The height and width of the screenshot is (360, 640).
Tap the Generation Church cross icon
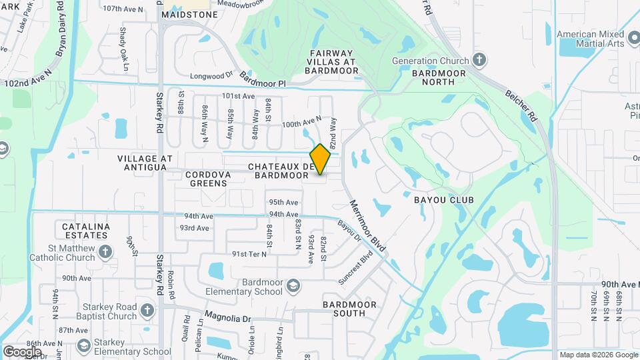point(478,60)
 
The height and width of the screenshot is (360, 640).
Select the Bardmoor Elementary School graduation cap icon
point(292,287)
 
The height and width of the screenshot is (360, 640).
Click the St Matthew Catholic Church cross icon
point(105,252)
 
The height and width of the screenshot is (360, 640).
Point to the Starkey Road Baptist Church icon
point(147,311)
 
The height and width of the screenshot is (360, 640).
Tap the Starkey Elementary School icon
point(84,345)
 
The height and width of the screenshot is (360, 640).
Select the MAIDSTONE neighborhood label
point(189,13)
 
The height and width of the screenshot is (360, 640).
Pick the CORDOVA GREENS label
point(208,178)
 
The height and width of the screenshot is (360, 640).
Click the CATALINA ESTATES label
point(85,231)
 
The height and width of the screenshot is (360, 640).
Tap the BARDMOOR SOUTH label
point(349,309)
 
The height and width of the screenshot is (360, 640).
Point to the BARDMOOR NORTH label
point(433,77)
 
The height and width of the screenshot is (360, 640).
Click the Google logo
point(22,352)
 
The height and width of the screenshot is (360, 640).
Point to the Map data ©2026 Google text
point(598,355)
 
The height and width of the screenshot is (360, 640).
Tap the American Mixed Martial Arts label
point(591,39)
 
